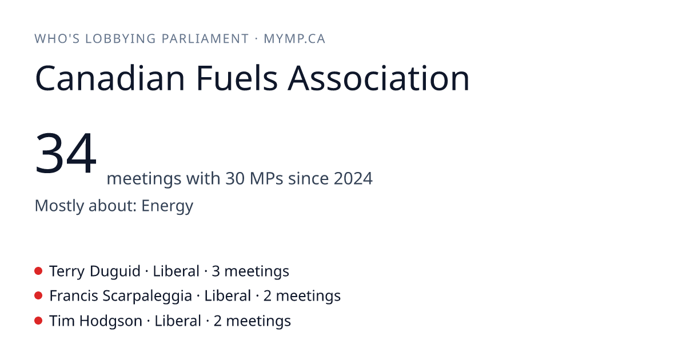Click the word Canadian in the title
tap(110, 78)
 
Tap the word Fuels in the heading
tap(237, 78)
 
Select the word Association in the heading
tap(378, 78)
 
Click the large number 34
tap(66, 153)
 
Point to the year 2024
tap(353, 178)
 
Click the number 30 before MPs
tap(235, 178)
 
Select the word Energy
tap(167, 206)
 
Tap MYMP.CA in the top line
tap(294, 39)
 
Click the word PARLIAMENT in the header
tap(205, 39)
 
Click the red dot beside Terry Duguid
tap(38, 271)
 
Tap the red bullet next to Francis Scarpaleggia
tap(38, 296)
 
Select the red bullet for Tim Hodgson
tap(38, 321)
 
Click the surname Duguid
tap(115, 271)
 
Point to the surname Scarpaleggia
tap(147, 297)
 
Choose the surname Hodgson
tap(110, 321)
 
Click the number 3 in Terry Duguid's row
tap(216, 271)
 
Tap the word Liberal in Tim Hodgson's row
tap(178, 321)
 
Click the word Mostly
tap(59, 206)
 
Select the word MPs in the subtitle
tap(266, 178)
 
